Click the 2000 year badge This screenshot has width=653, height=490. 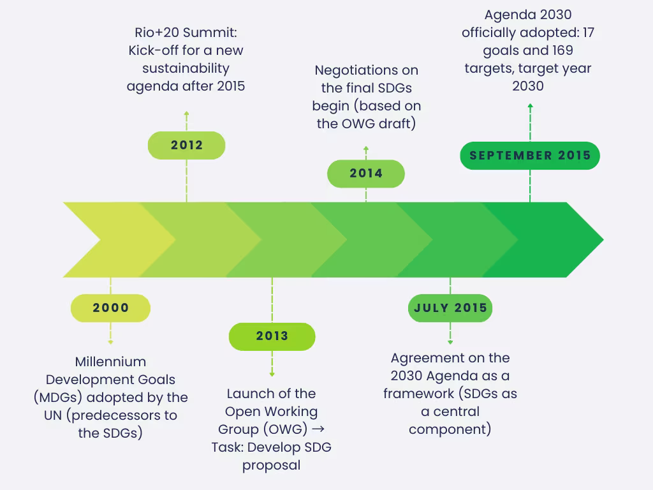pyautogui.click(x=110, y=308)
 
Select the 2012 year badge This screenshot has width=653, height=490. pyautogui.click(x=186, y=145)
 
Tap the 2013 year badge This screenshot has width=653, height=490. pyautogui.click(x=272, y=336)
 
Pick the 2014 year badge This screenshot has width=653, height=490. pyautogui.click(x=366, y=174)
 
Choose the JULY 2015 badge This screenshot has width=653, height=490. pyautogui.click(x=450, y=308)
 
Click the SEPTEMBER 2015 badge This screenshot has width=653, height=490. pyautogui.click(x=530, y=156)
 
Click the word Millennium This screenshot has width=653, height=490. pyautogui.click(x=110, y=362)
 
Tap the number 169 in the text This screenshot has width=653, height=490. pyautogui.click(x=559, y=50)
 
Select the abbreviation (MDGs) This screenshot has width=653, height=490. pyautogui.click(x=57, y=397)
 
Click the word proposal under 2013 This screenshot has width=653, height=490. pyautogui.click(x=271, y=465)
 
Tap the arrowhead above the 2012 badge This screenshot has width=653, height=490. pyautogui.click(x=186, y=113)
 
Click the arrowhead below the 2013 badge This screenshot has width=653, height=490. pyautogui.click(x=272, y=374)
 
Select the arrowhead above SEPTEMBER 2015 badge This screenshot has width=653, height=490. pyautogui.click(x=530, y=106)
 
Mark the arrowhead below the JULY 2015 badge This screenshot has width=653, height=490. pyautogui.click(x=450, y=343)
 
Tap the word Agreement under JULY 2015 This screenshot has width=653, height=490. pyautogui.click(x=427, y=358)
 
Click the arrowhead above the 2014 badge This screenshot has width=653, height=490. pyautogui.click(x=366, y=149)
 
